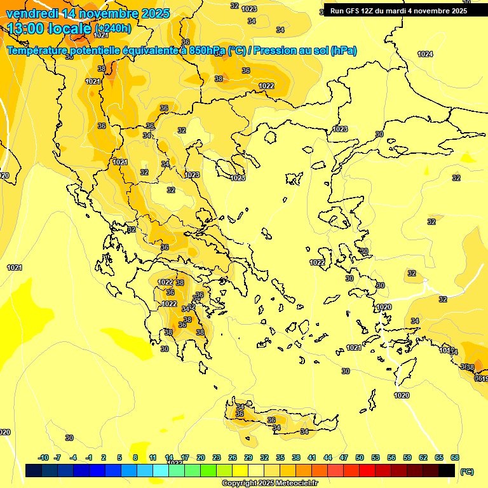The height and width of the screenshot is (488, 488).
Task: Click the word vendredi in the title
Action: [32, 13]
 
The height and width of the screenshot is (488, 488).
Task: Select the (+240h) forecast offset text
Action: [113, 29]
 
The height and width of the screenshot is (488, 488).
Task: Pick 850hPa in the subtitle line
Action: [207, 51]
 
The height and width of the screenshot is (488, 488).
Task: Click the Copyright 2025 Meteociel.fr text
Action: [269, 484]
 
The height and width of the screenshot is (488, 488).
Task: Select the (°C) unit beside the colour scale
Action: [466, 471]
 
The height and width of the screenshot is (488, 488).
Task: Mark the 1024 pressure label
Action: [425, 54]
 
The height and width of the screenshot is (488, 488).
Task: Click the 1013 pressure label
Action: [446, 351]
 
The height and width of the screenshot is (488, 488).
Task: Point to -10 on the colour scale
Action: [43, 457]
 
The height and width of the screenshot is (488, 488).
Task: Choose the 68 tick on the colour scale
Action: [455, 457]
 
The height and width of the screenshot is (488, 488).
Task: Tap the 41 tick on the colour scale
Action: [311, 457]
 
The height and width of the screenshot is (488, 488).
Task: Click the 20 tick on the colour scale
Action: [201, 457]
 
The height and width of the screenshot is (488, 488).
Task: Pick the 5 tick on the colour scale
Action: [120, 457]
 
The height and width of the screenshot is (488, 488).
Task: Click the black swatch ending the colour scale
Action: [447, 470]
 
